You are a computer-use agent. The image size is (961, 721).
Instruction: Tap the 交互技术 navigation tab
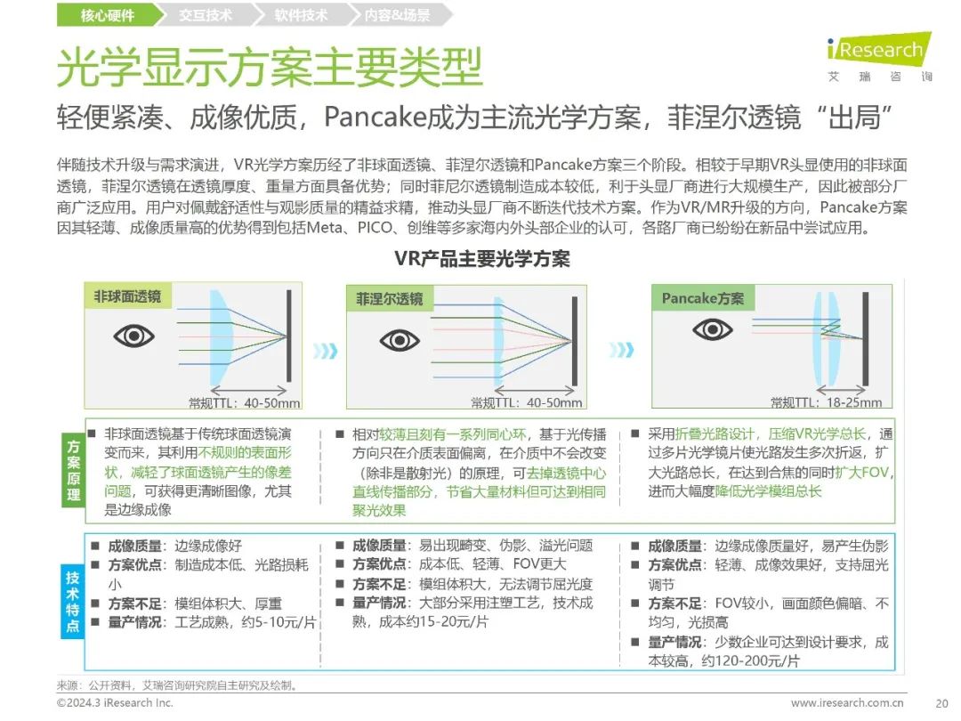click(x=205, y=15)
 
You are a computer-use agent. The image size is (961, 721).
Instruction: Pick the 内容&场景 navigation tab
click(x=398, y=15)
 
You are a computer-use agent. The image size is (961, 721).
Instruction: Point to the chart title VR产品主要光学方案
click(x=481, y=259)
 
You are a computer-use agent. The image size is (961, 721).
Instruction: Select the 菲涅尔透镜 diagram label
click(x=389, y=299)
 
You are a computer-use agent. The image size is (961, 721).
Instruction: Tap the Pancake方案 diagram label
click(x=702, y=298)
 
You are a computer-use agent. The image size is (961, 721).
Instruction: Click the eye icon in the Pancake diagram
click(x=712, y=330)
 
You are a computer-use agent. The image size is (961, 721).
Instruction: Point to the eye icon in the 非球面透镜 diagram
click(x=133, y=336)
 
